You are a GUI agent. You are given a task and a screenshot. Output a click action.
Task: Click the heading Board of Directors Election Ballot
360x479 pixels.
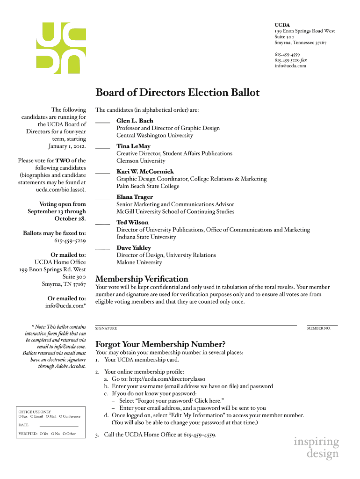(x=177, y=92)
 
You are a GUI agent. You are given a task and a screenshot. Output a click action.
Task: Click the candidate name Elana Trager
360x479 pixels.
(x=135, y=197)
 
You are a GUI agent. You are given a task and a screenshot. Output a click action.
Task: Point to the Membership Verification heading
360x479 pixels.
(x=142, y=279)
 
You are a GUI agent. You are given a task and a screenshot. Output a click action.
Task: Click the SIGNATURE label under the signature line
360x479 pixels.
(x=106, y=328)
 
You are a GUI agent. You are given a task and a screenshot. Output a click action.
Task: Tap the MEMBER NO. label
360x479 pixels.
(x=318, y=328)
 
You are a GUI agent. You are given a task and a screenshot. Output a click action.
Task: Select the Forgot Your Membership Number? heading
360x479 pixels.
(x=160, y=344)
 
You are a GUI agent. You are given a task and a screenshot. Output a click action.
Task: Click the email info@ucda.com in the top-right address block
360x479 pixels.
(x=290, y=66)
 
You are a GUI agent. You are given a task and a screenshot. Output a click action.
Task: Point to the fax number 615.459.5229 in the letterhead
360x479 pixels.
(x=287, y=60)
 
